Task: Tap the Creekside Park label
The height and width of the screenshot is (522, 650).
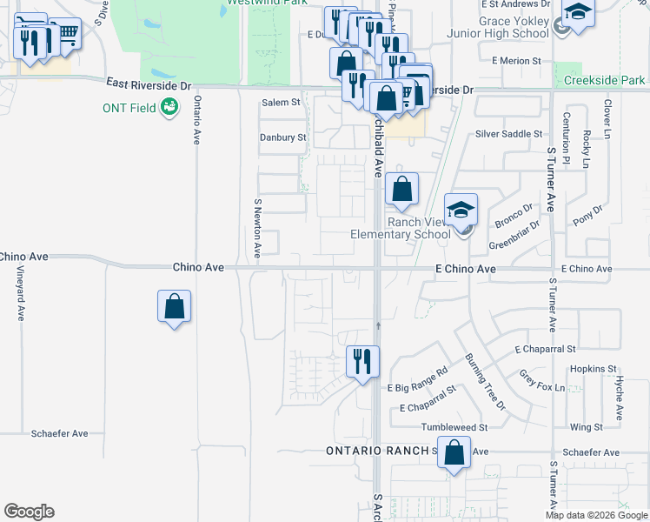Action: click(604, 80)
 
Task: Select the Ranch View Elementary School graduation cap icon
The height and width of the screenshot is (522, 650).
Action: click(461, 209)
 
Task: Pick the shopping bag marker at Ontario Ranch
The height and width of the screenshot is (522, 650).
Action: click(454, 452)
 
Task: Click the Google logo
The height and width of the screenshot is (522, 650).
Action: click(29, 512)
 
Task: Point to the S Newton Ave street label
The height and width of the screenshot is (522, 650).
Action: click(257, 228)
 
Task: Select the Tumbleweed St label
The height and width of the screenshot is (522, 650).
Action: click(454, 427)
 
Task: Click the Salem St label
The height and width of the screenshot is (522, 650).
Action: click(281, 102)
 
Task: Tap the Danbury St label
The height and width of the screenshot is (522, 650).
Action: click(283, 137)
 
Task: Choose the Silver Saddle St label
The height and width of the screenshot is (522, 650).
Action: click(508, 134)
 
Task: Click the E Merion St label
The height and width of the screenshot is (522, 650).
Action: click(516, 61)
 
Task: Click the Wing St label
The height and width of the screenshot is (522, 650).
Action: click(587, 427)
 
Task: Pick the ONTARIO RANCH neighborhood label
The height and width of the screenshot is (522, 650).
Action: click(378, 451)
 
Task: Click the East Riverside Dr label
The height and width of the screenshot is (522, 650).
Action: click(149, 84)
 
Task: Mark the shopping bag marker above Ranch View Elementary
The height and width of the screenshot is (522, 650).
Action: click(401, 190)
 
